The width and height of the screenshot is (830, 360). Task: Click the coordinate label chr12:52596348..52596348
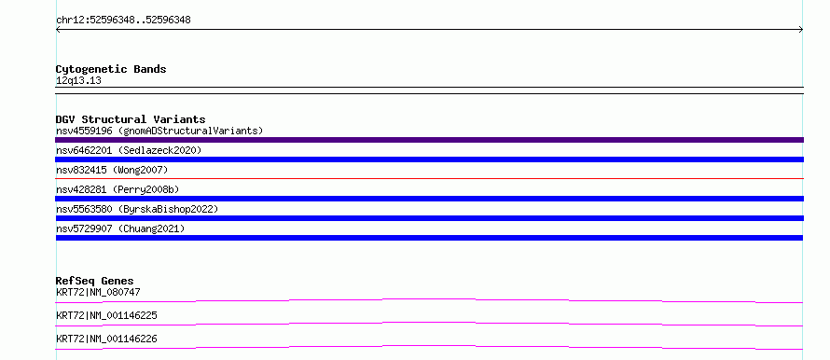pos(123,21)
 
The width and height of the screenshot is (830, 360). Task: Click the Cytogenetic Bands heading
pos(111,69)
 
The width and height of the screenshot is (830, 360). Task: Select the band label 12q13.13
pos(78,81)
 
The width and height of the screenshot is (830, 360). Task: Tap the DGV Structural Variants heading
pos(131,119)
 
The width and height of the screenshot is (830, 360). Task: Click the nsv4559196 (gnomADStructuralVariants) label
pos(159,131)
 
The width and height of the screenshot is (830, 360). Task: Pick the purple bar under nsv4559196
pos(429,140)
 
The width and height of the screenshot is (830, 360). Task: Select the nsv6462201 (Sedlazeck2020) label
pos(129,150)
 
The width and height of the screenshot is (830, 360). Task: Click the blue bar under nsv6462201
pos(429,159)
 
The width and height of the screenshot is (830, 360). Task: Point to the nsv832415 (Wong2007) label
pos(112,170)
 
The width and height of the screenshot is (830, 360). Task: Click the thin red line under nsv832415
pos(429,178)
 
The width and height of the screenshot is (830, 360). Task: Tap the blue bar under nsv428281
pos(429,199)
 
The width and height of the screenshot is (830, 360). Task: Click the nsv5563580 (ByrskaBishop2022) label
pos(137,209)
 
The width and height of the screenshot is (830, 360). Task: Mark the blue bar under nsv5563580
pos(429,218)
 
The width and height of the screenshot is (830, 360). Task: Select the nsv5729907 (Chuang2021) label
pos(120,228)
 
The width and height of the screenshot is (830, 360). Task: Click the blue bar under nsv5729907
pos(429,238)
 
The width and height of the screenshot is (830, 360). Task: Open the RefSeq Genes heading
pos(95,281)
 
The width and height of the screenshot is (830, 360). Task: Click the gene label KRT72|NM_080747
pos(98,292)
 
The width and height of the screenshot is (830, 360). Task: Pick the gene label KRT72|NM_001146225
pos(106,315)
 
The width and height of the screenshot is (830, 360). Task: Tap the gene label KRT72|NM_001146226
pos(106,339)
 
